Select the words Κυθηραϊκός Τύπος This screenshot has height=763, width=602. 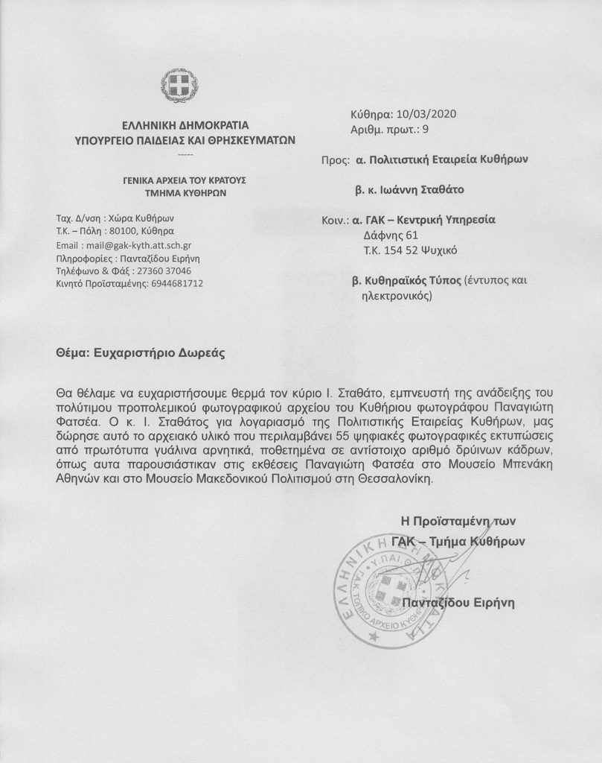413,282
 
